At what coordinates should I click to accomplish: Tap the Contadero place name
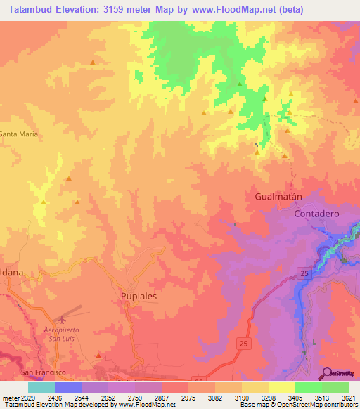(316, 213)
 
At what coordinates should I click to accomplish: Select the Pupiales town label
(139, 297)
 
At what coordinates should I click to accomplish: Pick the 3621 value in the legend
(347, 398)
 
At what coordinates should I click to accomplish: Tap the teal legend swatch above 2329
(41, 387)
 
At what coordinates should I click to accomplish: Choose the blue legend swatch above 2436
(67, 387)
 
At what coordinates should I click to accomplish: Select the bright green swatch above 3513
(309, 387)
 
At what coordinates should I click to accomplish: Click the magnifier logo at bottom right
(326, 374)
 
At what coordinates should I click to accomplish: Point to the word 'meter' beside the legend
(10, 398)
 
